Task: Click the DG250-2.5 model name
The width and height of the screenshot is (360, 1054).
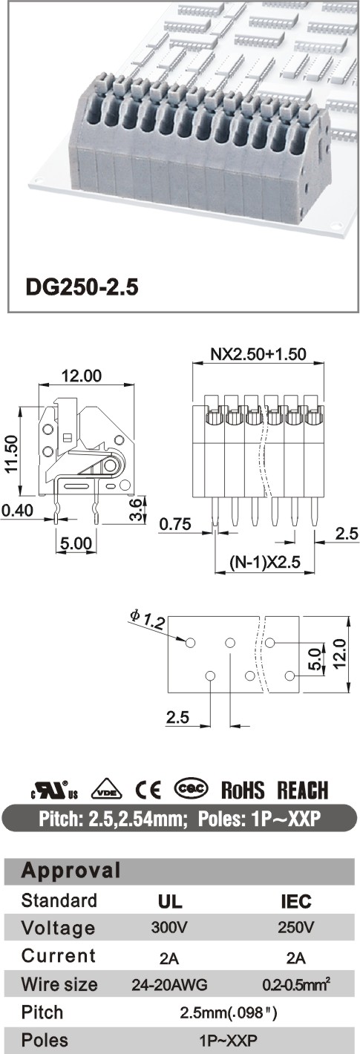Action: pyautogui.click(x=82, y=287)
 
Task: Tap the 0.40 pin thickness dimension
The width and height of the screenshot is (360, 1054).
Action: pyautogui.click(x=17, y=510)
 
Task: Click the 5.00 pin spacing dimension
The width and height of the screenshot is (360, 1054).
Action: pyautogui.click(x=76, y=543)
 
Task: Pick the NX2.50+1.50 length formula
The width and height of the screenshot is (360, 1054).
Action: pyautogui.click(x=258, y=353)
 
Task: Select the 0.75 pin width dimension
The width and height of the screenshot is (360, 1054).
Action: pyautogui.click(x=175, y=524)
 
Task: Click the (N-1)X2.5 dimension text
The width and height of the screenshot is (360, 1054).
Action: pyautogui.click(x=265, y=562)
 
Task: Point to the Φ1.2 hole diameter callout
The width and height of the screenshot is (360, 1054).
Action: pyautogui.click(x=147, y=621)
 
